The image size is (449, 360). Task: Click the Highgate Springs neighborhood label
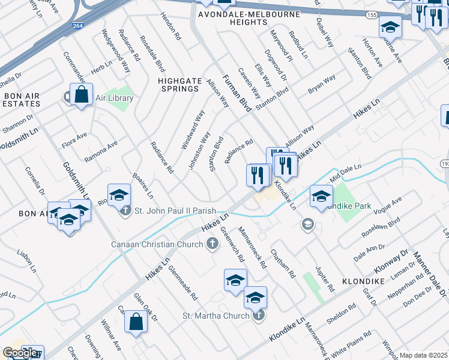pos(178,84)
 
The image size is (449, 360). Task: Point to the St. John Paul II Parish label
pos(171,211)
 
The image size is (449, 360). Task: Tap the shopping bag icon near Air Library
pos(81,95)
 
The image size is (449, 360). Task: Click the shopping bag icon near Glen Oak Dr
pos(136,322)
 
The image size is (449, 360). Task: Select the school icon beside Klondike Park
pos(321,196)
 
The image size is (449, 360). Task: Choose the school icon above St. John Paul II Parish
pos(119,195)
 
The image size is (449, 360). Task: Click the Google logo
pos(20,352)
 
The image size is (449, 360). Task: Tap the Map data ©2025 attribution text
pos(423,355)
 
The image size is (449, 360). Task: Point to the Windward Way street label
pos(193,130)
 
